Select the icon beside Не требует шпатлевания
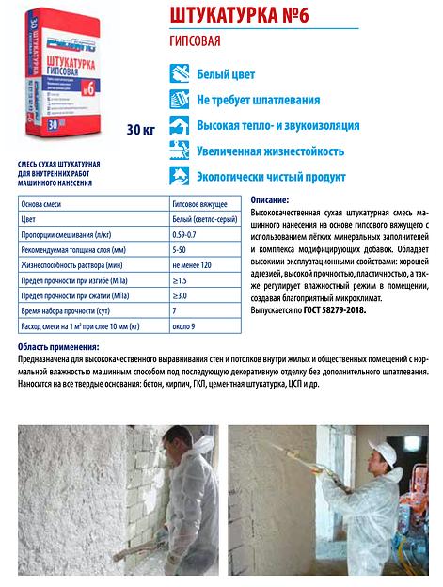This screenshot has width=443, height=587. click(x=178, y=99)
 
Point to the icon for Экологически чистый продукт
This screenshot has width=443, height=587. click(x=178, y=175)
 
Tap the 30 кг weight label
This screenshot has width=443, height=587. click(x=138, y=130)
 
